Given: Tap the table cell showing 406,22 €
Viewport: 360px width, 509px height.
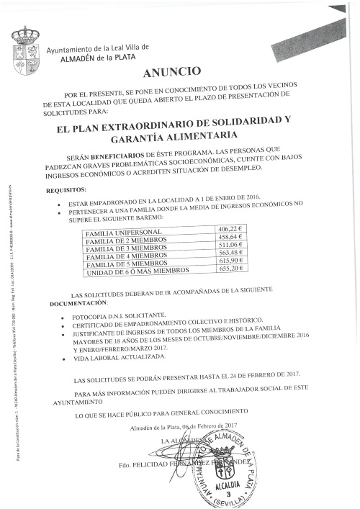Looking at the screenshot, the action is (x=230, y=230).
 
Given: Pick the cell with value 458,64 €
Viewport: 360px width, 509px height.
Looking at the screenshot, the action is (x=230, y=238).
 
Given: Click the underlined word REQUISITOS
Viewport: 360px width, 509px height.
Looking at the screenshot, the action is (x=66, y=191).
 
